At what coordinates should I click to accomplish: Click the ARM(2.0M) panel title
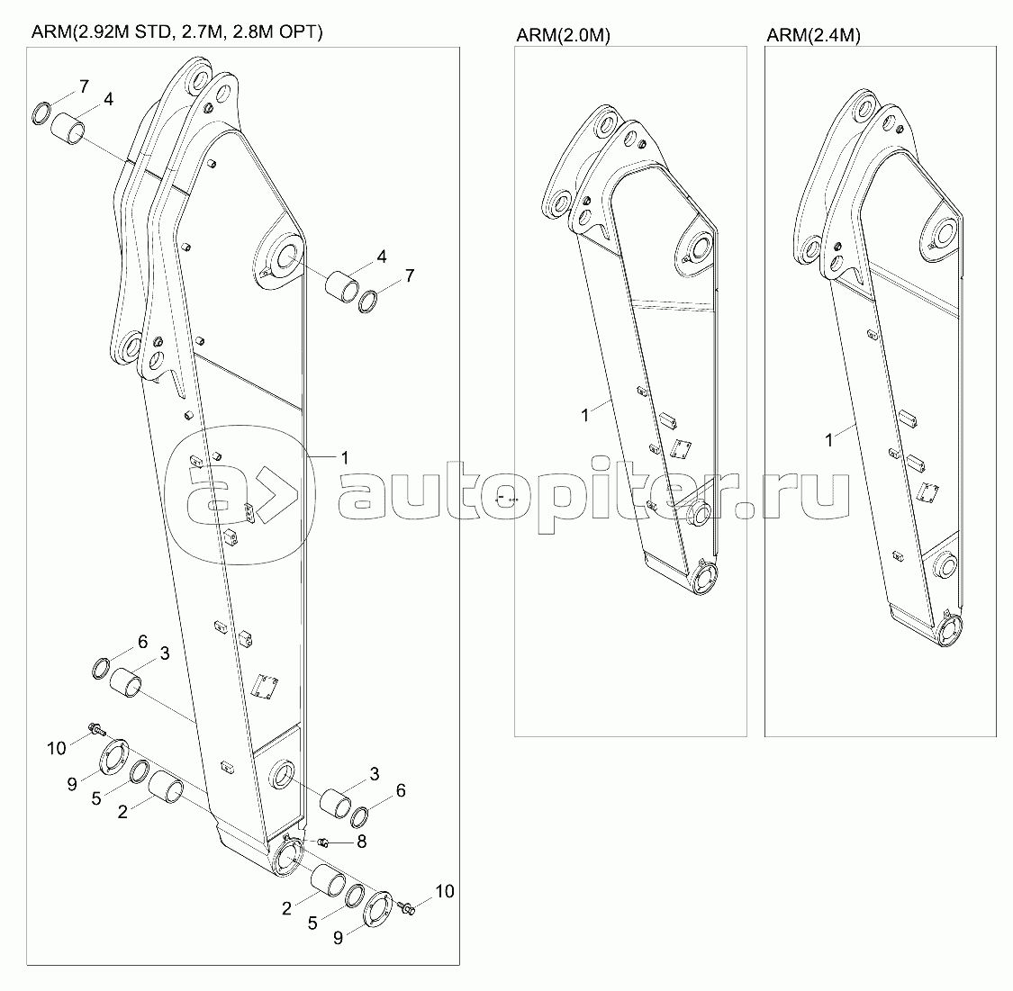[x=563, y=35]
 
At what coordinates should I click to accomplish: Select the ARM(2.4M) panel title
[x=813, y=35]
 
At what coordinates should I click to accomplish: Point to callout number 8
[x=361, y=842]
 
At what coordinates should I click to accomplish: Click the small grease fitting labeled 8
[x=324, y=842]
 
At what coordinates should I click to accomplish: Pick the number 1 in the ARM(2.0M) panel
[x=585, y=415]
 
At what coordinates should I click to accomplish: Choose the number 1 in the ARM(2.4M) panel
[x=829, y=440]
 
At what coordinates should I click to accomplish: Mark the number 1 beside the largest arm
[x=345, y=458]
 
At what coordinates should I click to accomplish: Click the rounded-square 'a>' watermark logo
[x=240, y=494]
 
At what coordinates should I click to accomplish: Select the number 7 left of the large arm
[x=84, y=86]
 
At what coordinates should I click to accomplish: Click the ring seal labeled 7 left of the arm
[x=42, y=113]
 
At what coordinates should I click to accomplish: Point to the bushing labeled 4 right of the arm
[x=341, y=286]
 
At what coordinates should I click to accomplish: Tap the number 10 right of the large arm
[x=445, y=891]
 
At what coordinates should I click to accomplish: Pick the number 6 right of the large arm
[x=401, y=790]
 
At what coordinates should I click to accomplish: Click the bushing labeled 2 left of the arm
[x=167, y=788]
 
